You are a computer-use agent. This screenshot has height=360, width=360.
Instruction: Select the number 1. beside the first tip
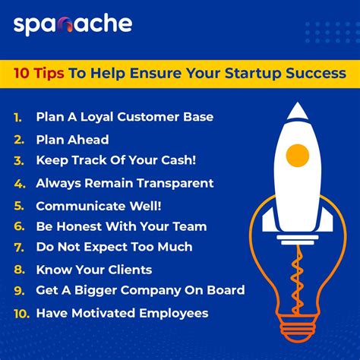click(x=18, y=118)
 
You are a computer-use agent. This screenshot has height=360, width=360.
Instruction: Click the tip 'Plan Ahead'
click(x=72, y=140)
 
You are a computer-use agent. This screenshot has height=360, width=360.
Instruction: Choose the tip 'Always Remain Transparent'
click(x=125, y=183)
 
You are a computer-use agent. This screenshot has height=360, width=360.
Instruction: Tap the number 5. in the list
click(x=18, y=205)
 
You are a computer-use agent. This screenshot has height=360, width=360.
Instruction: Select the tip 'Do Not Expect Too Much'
click(x=114, y=247)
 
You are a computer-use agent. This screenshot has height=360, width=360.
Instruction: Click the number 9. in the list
click(x=18, y=291)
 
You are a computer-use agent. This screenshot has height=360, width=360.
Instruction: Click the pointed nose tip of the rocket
click(x=297, y=106)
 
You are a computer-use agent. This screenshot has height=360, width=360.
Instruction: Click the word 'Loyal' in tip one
click(x=98, y=118)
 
